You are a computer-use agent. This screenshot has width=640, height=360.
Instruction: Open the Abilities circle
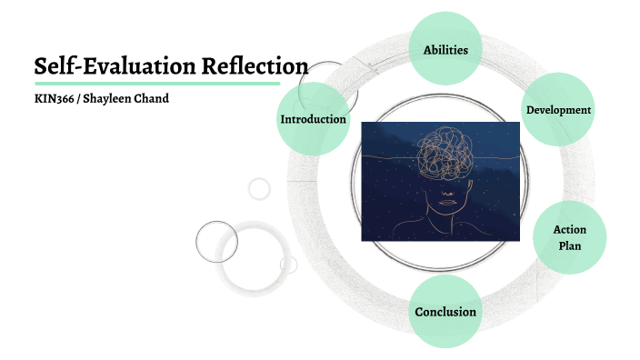coord(445,50)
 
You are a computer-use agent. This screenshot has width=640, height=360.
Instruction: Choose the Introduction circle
coord(313,119)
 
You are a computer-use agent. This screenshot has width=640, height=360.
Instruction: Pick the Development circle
coord(558,110)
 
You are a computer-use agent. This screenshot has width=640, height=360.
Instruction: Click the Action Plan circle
coord(568,237)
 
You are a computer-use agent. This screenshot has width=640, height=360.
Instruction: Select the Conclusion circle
coord(445,312)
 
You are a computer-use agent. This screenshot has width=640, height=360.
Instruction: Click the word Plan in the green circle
coord(569,246)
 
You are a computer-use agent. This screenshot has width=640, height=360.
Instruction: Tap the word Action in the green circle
coord(569,230)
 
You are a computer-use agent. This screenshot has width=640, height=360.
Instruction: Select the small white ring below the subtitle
coord(260,188)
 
